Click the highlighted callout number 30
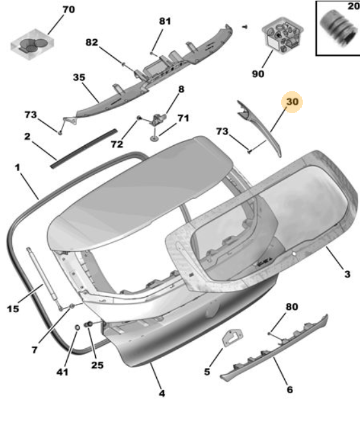click(292, 102)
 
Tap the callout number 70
click(69, 10)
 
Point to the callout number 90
click(258, 73)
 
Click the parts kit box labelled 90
click(282, 35)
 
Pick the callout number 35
click(79, 77)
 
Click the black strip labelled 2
click(84, 148)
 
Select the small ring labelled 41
click(77, 328)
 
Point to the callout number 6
click(290, 390)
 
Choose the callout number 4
click(162, 393)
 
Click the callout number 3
click(348, 274)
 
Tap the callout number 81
click(165, 21)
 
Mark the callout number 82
click(92, 42)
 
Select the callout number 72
click(117, 144)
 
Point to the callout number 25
click(97, 365)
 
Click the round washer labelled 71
click(154, 139)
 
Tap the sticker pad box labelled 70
click(32, 45)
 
